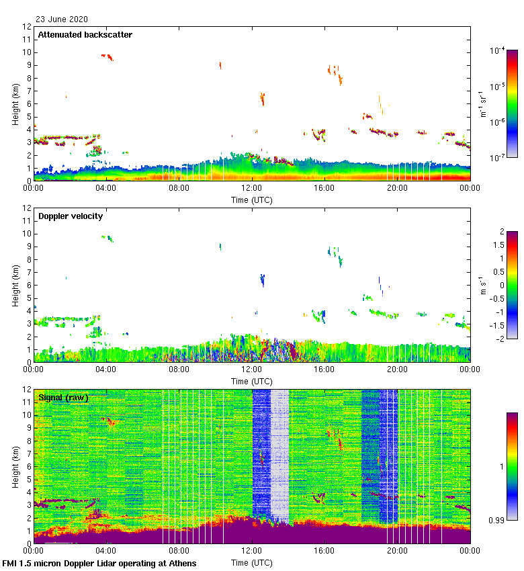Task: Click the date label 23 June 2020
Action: click(61, 19)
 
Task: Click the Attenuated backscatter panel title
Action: click(85, 35)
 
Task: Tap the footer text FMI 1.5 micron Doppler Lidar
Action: click(99, 563)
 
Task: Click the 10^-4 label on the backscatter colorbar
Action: click(498, 50)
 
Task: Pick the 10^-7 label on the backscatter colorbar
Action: click(498, 158)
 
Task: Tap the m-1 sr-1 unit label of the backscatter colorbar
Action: click(483, 104)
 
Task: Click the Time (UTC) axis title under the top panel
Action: click(252, 200)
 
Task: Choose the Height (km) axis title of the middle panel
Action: click(15, 285)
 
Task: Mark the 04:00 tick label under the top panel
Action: click(106, 188)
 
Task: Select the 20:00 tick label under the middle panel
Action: click(397, 369)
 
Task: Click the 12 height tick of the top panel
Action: click(28, 27)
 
